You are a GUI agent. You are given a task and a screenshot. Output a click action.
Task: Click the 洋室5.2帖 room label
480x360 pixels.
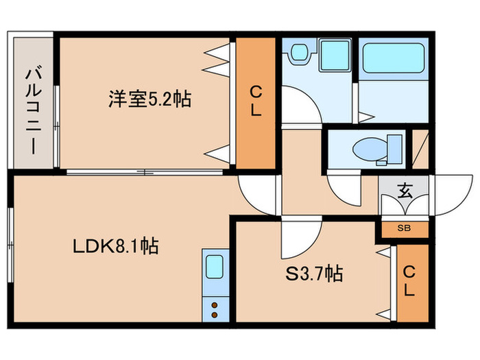[x=148, y=100]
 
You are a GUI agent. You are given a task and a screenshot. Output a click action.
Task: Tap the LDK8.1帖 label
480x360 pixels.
[x=116, y=245]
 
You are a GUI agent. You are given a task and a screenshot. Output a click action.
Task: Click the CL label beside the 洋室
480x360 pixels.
[x=255, y=101]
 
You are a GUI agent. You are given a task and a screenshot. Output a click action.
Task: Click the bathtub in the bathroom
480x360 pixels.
[x=394, y=58]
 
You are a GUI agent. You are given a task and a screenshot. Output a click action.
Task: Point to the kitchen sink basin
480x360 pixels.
[x=213, y=265]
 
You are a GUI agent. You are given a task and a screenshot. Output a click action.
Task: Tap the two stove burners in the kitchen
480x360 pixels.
[x=213, y=309]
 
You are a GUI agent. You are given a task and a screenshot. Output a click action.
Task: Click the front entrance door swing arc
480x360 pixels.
[x=449, y=195]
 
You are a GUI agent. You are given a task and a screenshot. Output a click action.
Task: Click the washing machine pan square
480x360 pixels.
[x=334, y=56]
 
